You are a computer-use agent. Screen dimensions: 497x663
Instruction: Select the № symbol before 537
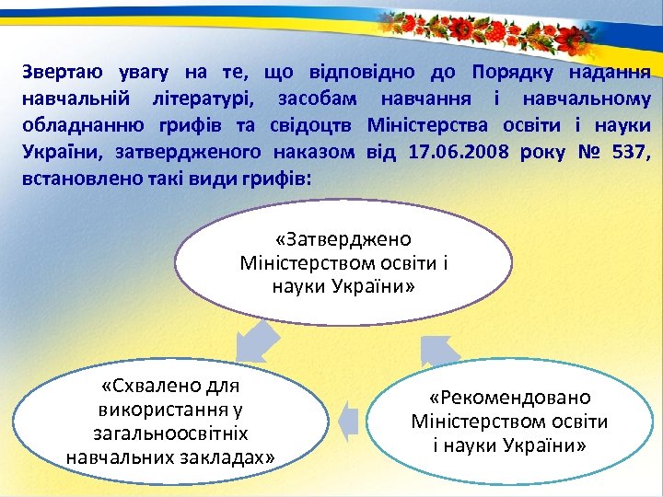(583, 152)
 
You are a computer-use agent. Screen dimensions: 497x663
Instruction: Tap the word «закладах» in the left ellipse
(225, 456)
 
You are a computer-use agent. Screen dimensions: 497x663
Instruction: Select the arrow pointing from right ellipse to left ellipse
(347, 420)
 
